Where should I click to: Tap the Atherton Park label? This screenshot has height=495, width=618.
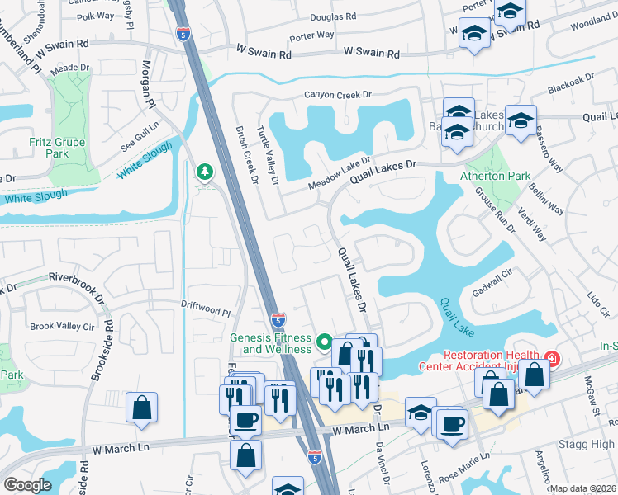(495, 176)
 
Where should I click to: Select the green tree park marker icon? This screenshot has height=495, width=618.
(203, 172)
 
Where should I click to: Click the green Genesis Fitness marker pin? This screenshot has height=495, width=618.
(325, 341)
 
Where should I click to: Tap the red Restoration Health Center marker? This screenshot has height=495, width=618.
(552, 359)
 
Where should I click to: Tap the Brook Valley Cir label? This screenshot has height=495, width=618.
(62, 326)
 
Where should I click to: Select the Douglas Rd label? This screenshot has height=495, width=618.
(333, 16)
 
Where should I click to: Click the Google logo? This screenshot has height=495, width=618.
(27, 484)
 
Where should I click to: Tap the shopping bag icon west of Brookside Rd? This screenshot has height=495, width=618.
(141, 408)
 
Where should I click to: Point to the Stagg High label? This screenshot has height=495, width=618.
(587, 445)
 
